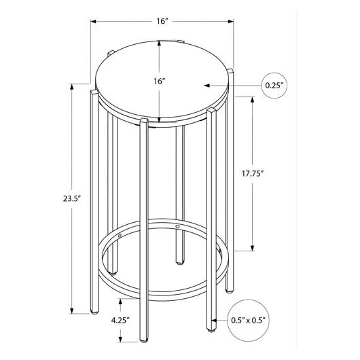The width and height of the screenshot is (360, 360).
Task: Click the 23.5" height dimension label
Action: point(73,198)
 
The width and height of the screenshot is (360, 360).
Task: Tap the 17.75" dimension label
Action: point(252,174)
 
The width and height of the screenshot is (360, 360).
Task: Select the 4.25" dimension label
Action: point(120,321)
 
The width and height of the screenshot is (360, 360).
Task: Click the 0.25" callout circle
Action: point(274,86)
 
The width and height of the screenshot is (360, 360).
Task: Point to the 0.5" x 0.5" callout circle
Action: point(248,321)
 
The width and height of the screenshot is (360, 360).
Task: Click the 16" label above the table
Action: point(162,21)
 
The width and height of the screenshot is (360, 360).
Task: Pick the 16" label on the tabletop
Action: point(160,82)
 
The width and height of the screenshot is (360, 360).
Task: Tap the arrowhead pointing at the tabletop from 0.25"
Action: point(206,86)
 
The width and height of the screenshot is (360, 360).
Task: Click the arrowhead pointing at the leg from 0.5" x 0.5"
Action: point(214,320)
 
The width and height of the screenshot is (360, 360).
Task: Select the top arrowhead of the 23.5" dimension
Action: point(72,87)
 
